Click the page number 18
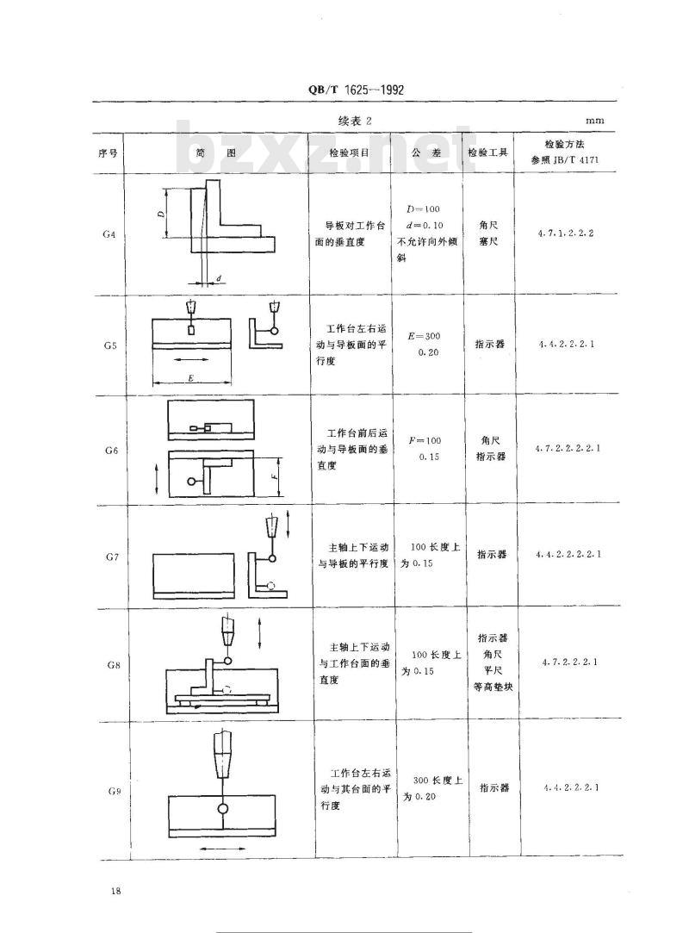115,891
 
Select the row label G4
109,234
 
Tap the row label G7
112,557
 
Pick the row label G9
115,792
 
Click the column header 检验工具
488,152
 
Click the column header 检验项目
350,152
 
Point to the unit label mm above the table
594,121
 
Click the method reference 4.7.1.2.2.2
566,233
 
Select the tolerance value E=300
425,336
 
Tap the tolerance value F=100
425,441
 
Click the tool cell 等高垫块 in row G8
493,687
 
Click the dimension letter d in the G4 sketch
219,278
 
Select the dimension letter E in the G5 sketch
190,378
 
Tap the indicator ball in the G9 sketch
222,809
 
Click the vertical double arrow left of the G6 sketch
157,478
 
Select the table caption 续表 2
355,121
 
